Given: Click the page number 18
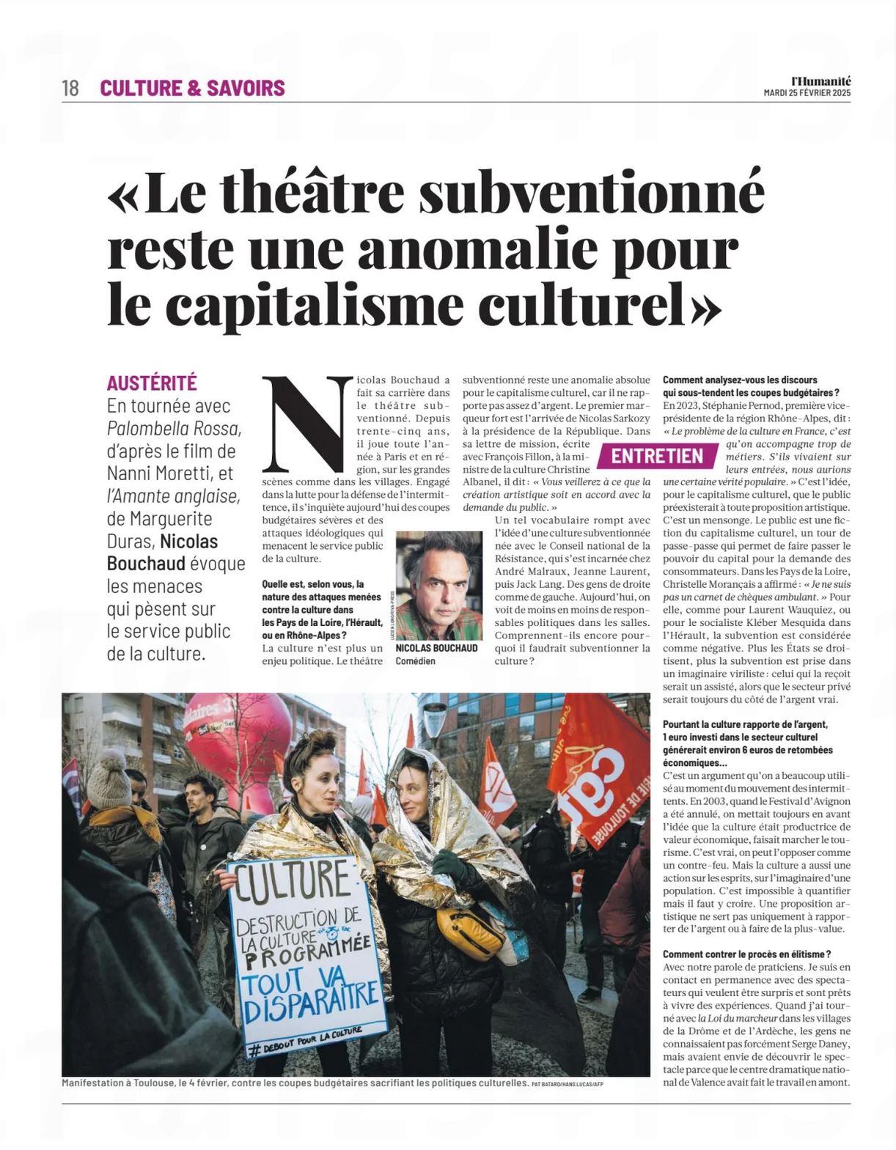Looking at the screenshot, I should pos(70,89).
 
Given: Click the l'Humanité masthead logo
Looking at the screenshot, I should pos(820,81).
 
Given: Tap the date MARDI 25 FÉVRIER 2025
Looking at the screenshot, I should pos(807,93).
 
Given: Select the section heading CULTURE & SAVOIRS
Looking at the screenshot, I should pos(192,89).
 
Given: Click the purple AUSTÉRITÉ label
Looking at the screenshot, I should pos(152,383).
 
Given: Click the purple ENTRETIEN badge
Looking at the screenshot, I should pos(657,456).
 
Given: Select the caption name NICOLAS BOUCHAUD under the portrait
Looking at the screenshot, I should pos(436,649).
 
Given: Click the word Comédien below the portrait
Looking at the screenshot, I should pos(415,661).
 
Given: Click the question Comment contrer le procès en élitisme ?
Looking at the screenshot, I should pos(746,954).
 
